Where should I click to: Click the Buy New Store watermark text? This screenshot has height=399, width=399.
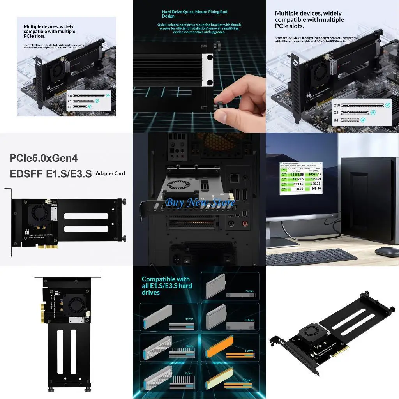pyautogui.click(x=199, y=203)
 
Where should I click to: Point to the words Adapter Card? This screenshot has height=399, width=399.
pyautogui.click(x=110, y=173)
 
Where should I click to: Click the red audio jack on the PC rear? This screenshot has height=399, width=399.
pyautogui.click(x=245, y=224)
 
